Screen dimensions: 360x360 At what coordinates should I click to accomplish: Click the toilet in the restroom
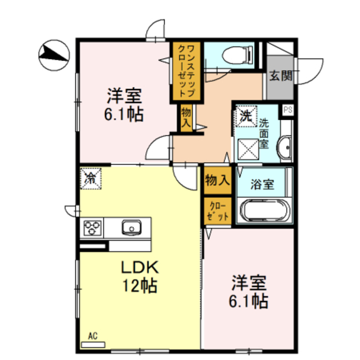pyautogui.click(x=237, y=55)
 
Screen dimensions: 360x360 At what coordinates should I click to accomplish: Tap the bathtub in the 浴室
pyautogui.click(x=265, y=210)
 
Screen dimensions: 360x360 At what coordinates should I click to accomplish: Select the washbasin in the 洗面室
pyautogui.click(x=285, y=147)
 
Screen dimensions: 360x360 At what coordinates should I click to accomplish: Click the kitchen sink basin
pyautogui.click(x=132, y=227)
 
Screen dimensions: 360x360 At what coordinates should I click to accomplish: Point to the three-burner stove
pyautogui.click(x=92, y=228)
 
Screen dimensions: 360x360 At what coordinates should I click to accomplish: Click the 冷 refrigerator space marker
pyautogui.click(x=91, y=178)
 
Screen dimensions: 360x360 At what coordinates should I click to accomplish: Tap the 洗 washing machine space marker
pyautogui.click(x=246, y=116)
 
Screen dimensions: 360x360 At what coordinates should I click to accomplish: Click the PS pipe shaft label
pyautogui.click(x=288, y=110)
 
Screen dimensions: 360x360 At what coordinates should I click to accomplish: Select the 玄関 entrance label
pyautogui.click(x=281, y=75)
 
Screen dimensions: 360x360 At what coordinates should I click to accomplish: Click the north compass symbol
pyautogui.click(x=54, y=55)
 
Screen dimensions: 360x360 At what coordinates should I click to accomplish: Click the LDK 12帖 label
pyautogui.click(x=139, y=277)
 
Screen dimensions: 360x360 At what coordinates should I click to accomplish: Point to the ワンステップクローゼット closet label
pyautogui.click(x=187, y=71)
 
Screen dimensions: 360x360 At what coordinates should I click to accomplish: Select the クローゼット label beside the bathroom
pyautogui.click(x=218, y=211)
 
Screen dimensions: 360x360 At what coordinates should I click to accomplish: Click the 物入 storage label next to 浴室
pyautogui.click(x=217, y=180)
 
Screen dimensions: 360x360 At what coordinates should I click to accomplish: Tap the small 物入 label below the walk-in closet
pyautogui.click(x=186, y=118)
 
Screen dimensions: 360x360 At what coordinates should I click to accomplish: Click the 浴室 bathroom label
pyautogui.click(x=262, y=184)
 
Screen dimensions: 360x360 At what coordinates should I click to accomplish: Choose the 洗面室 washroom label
pyautogui.click(x=264, y=134)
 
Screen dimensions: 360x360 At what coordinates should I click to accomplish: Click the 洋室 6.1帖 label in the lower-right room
pyautogui.click(x=249, y=292)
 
